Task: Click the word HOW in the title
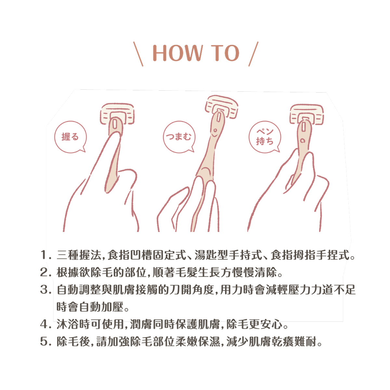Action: [177, 53]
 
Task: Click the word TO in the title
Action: [225, 53]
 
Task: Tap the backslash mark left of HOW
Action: [138, 54]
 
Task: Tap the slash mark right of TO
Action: [253, 54]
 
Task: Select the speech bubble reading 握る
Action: [70, 137]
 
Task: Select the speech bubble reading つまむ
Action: [179, 137]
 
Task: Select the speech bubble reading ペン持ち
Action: [265, 137]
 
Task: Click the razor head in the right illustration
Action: [306, 114]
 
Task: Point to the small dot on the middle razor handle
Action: [215, 130]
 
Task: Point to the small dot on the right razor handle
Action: [303, 140]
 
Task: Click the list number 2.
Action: [45, 272]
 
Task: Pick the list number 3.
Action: [45, 290]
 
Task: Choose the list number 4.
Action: [45, 324]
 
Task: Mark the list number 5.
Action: [45, 342]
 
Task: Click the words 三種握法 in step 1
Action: [79, 255]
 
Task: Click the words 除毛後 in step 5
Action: [73, 342]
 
